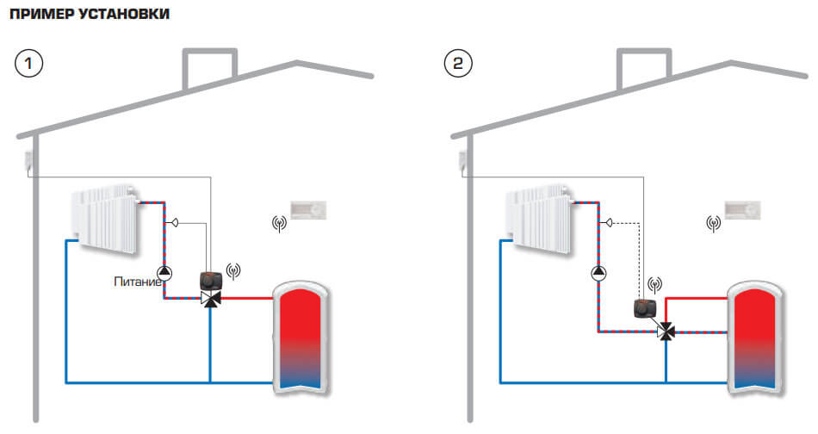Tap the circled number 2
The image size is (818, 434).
pyautogui.click(x=457, y=64)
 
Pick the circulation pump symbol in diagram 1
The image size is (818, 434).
pyautogui.click(x=165, y=274)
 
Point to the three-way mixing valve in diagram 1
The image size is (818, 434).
pyautogui.click(x=209, y=299)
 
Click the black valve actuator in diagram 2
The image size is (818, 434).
pyautogui.click(x=645, y=308)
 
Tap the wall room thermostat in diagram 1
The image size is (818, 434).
pyautogui.click(x=311, y=209)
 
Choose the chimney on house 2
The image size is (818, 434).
pyautogui.click(x=642, y=71)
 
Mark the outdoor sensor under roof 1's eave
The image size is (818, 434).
pyautogui.click(x=28, y=158)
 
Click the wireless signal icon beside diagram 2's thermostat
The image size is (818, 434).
pyautogui.click(x=713, y=224)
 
